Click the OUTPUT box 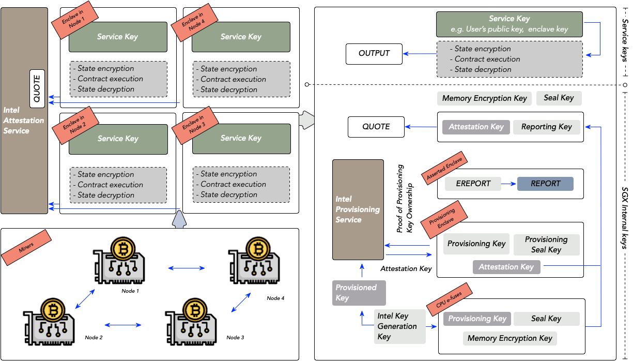(x=374, y=54)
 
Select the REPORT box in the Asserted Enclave (x=545, y=184)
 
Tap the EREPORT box (x=473, y=184)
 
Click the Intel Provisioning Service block (x=358, y=209)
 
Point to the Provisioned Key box (x=359, y=293)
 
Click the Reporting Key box (x=546, y=127)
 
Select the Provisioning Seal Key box (x=546, y=245)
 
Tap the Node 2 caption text (x=94, y=338)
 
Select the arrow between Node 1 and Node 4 (x=187, y=268)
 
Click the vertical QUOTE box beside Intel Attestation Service (x=38, y=88)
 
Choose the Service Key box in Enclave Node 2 (x=118, y=139)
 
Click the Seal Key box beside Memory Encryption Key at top (x=559, y=98)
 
